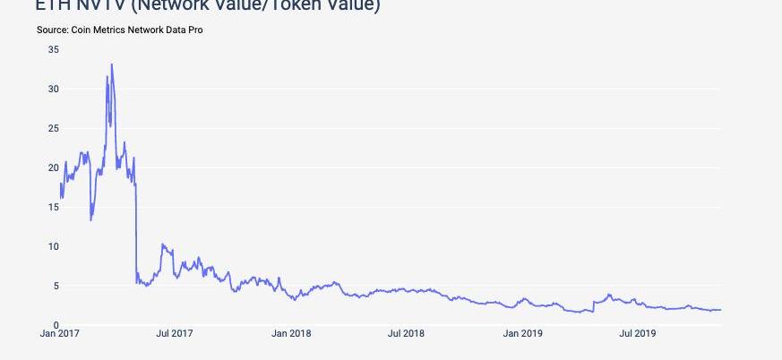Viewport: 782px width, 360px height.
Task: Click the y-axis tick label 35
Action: (x=54, y=49)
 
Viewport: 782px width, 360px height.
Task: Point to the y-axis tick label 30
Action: (x=54, y=89)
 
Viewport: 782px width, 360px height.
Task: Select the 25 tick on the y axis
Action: (x=54, y=128)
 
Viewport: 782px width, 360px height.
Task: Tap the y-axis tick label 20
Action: (x=54, y=167)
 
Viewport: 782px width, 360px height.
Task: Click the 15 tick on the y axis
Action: (x=54, y=207)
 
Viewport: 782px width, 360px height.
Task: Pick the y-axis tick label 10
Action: (x=54, y=246)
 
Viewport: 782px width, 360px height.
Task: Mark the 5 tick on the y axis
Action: (x=56, y=286)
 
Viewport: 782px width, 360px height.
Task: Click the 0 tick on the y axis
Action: (x=56, y=325)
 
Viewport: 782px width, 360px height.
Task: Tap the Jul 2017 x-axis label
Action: (x=175, y=334)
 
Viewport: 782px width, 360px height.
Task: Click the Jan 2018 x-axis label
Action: (x=291, y=334)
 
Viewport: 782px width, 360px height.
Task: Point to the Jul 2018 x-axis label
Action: (x=406, y=334)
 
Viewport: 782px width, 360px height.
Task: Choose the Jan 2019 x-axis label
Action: (x=522, y=334)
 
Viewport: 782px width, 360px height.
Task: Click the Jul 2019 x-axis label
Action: (x=637, y=334)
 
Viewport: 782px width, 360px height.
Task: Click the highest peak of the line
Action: (x=111, y=64)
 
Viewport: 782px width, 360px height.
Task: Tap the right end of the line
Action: (x=720, y=310)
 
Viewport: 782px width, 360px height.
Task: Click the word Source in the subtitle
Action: (x=52, y=30)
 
